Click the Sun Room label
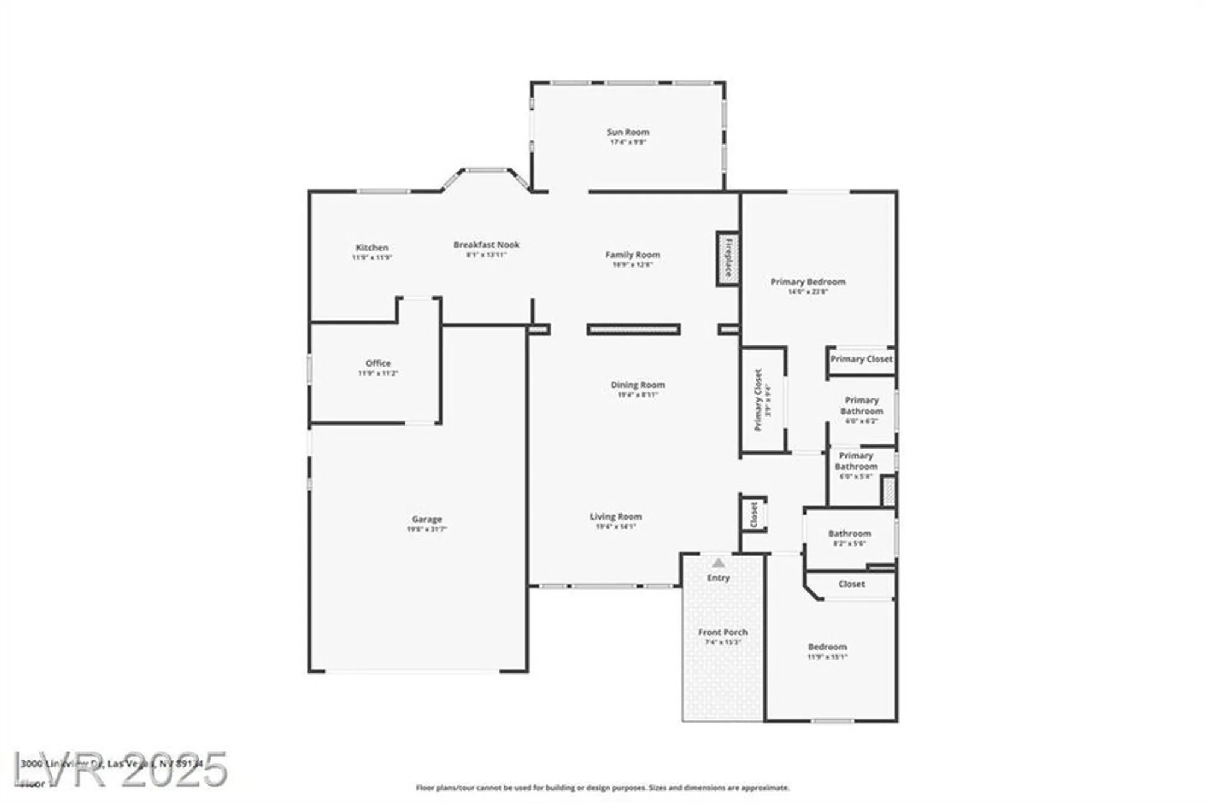(628, 132)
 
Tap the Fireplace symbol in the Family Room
(728, 259)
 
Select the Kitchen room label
(372, 248)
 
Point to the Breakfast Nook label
(486, 245)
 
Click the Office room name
(378, 363)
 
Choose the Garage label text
(427, 519)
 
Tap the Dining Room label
(637, 385)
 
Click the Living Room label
(615, 517)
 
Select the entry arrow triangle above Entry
(718, 563)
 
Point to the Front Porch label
(722, 632)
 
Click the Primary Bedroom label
(808, 282)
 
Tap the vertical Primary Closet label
(759, 400)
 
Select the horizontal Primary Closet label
(862, 359)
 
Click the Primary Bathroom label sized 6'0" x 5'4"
(856, 461)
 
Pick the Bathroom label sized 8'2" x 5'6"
(849, 534)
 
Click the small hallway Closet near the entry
(754, 515)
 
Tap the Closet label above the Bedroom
(851, 584)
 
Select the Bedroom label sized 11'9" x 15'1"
(827, 647)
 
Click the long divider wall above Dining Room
(634, 329)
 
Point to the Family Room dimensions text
(632, 265)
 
